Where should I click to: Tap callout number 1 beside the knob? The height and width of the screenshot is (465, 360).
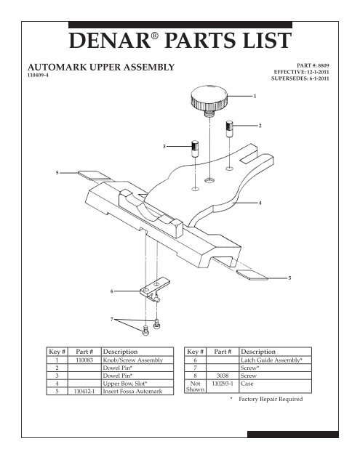pos(254,95)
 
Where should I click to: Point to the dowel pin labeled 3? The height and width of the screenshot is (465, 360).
pos(195,151)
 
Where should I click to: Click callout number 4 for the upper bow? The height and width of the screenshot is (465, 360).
pos(260,202)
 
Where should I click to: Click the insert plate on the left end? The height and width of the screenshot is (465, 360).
pos(92,174)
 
